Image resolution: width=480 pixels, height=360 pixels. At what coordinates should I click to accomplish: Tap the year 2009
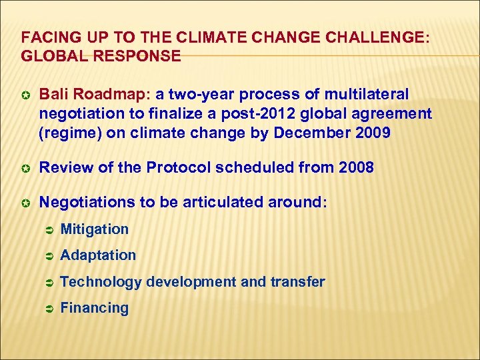373,133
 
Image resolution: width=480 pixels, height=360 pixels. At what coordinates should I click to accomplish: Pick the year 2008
355,167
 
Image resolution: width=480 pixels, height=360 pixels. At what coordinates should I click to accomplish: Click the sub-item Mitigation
94,229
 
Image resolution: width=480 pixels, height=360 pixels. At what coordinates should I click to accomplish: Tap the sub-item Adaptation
98,255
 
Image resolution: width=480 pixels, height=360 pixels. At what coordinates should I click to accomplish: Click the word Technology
101,282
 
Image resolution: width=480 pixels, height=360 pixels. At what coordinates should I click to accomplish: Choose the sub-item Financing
94,308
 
